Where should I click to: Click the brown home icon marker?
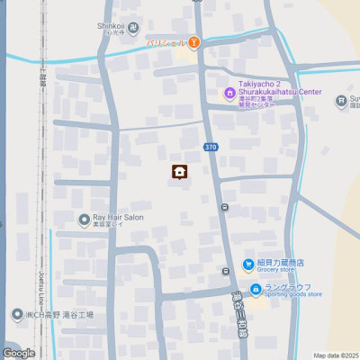(x=179, y=172)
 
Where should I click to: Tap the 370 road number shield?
(x=211, y=147)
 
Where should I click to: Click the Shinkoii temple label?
(x=111, y=26)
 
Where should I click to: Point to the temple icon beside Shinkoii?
(x=133, y=27)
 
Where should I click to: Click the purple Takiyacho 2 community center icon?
(x=229, y=93)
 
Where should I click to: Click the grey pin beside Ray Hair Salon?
(x=85, y=219)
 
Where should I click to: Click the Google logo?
(x=18, y=353)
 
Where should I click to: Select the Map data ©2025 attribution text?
(x=336, y=355)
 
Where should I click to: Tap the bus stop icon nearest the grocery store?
(x=226, y=271)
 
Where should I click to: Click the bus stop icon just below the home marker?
(x=224, y=207)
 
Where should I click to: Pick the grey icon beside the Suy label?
(x=341, y=101)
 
